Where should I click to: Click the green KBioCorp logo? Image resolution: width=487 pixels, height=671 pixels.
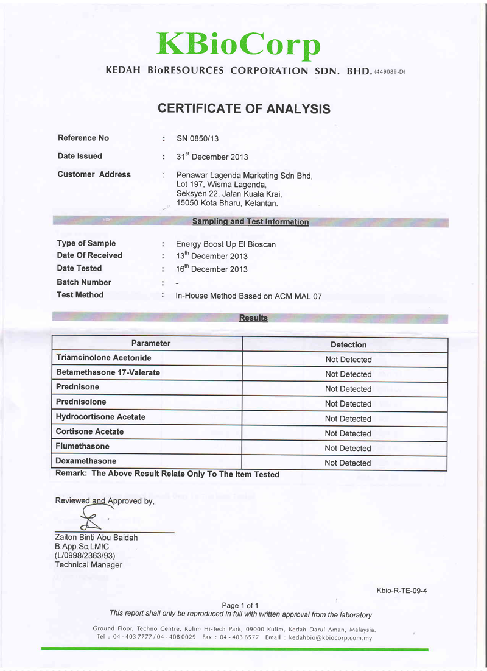pos(239,43)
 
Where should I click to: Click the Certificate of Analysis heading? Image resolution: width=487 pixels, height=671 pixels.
pos(243,109)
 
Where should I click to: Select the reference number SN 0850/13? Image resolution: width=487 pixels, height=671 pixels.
pos(197,138)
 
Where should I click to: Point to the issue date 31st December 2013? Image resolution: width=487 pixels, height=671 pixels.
pos(212,157)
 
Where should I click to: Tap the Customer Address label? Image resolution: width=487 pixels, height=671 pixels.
pos(94,174)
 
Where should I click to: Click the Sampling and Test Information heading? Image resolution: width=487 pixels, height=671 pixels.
pos(250,222)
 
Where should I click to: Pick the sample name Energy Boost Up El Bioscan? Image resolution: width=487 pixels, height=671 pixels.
pos(225,244)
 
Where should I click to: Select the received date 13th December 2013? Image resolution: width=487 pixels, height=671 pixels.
pos(212,256)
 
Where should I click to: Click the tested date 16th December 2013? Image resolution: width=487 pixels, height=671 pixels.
pos(212,269)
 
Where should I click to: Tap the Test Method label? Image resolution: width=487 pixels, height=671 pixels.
pos(80,295)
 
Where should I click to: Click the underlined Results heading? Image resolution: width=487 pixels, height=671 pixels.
pos(253,318)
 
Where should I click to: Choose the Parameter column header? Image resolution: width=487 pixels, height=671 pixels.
pos(151,344)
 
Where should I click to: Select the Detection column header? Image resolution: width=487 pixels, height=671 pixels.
pos(348,345)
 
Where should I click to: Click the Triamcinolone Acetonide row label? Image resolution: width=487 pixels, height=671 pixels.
pos(103,358)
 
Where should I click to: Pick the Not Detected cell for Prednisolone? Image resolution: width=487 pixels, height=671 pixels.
pos(348,404)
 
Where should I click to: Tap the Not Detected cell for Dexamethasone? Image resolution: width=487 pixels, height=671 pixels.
pos(348,463)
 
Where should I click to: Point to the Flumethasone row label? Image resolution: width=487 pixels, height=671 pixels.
pos(83,447)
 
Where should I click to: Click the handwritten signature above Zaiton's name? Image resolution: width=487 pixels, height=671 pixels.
pos(91,519)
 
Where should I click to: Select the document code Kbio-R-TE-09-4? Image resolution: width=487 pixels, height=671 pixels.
pos(402,591)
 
